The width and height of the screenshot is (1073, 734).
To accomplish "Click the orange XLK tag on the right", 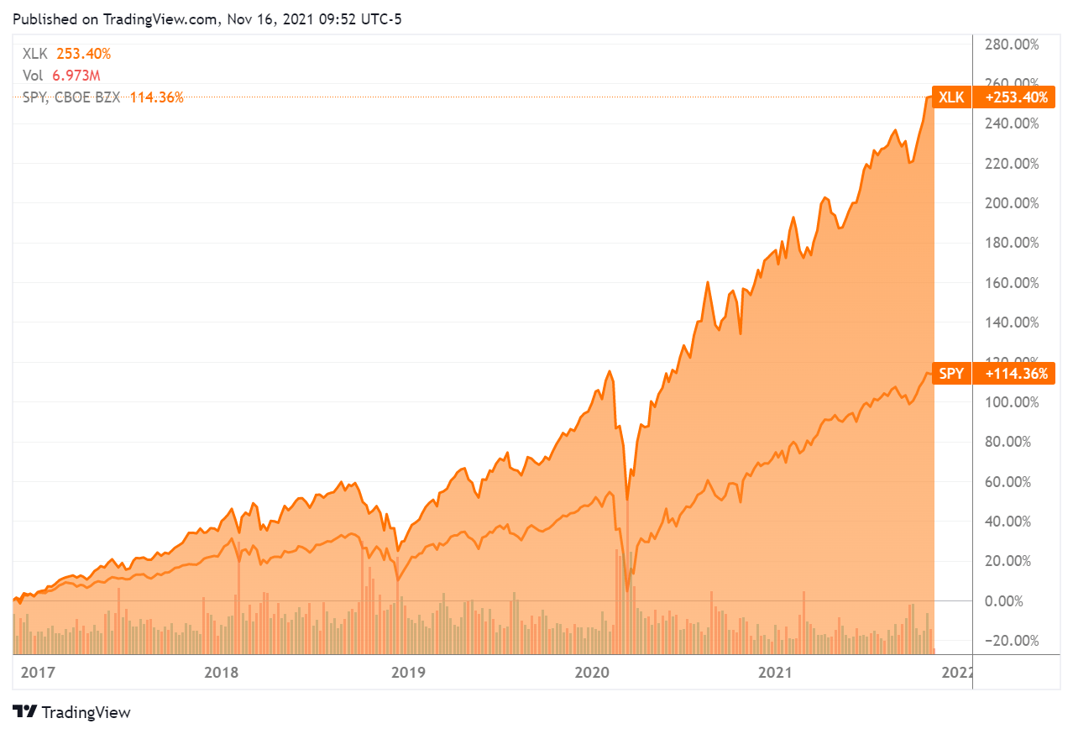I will point(951,97).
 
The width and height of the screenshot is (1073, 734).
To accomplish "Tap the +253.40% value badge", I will point(1016,97).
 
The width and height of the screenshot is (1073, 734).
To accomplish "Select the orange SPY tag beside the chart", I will point(951,374).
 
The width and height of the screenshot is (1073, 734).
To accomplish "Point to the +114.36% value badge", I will point(1016,374).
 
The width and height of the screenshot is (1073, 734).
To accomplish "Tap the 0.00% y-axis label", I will point(1017,601).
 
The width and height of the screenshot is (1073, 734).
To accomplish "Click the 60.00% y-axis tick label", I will point(1014,482).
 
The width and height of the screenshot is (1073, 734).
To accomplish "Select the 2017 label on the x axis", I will point(37,673).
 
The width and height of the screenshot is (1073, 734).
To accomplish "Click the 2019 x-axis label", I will point(408,673).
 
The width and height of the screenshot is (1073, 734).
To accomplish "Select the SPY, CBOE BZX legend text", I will point(71,97).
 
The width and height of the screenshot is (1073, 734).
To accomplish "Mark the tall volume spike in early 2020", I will point(627,579).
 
